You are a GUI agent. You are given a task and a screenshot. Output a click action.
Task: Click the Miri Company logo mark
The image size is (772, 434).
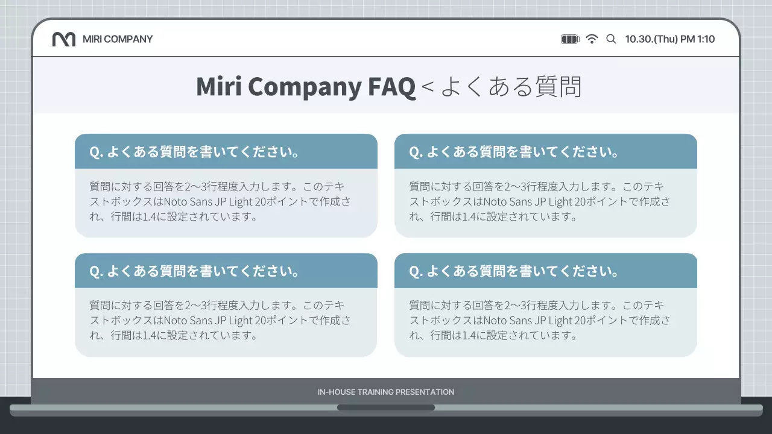coord(64,39)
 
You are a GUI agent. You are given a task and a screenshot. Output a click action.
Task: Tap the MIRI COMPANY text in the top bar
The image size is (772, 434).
coord(118,39)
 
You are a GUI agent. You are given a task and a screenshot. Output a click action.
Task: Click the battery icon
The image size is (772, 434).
coord(570,39)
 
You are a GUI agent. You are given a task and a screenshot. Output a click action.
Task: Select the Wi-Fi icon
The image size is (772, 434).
coord(592,39)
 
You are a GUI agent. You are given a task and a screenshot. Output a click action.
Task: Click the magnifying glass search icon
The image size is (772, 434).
coord(611,39)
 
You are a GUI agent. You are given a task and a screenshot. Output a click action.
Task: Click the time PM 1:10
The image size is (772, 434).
coord(698,39)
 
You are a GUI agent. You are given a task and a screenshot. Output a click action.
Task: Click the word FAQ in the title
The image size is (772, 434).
coord(391,87)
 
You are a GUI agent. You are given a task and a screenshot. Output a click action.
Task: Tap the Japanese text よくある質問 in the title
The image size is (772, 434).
coord(511,87)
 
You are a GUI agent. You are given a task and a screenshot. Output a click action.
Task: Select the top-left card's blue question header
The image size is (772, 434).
coord(226,152)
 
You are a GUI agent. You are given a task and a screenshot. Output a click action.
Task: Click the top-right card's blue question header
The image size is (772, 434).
coord(546,152)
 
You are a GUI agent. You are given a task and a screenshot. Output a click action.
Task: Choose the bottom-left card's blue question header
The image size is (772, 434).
coord(226,271)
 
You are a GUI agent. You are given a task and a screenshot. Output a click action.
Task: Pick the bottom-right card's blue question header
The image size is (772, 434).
coord(546,271)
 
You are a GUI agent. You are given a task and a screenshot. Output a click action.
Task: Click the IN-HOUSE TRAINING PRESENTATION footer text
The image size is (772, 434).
coord(386,392)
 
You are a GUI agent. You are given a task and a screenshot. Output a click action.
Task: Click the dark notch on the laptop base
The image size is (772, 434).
coord(386,407)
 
